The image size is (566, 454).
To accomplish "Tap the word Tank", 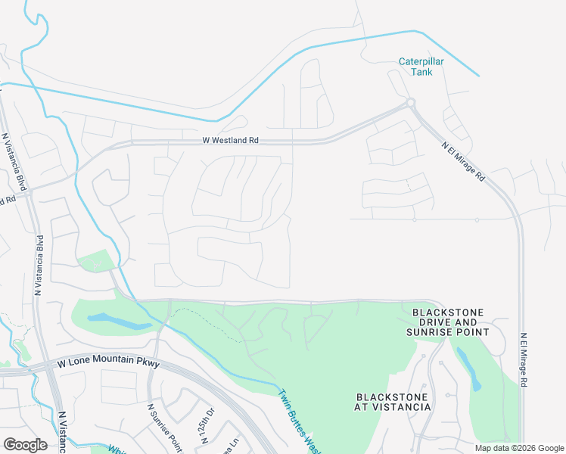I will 421,73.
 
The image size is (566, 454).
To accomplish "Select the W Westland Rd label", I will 230,140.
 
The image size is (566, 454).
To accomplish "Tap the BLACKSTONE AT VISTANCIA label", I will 392,402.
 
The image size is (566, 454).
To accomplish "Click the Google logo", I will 25,444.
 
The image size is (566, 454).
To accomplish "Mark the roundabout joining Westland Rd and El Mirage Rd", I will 410,101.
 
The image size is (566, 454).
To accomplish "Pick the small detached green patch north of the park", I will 95,262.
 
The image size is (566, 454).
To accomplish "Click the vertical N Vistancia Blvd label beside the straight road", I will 37,265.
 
